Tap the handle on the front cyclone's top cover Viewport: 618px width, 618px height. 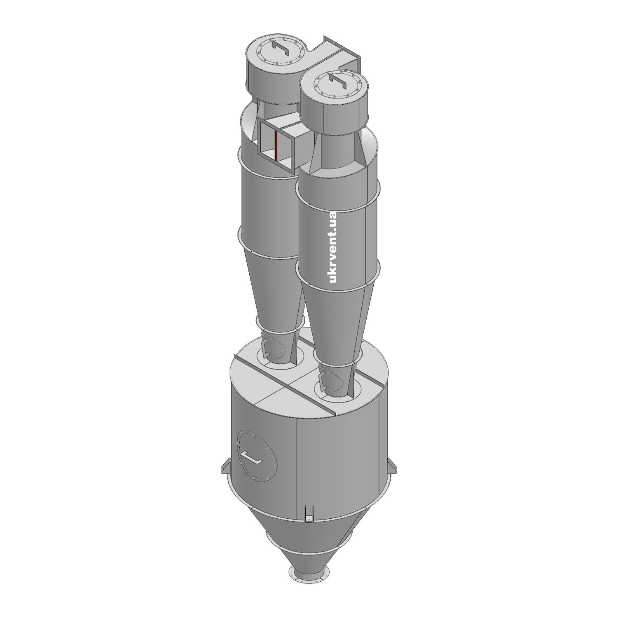click(x=337, y=80)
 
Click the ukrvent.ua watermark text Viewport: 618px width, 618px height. click(x=333, y=247)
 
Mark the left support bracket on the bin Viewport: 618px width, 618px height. click(x=225, y=466)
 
